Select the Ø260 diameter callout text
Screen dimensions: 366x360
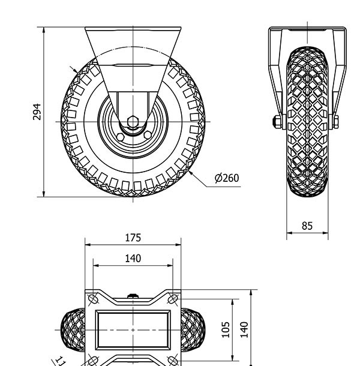coord(226,178)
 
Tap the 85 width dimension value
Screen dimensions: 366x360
coord(307,226)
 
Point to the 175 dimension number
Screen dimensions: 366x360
coord(133,238)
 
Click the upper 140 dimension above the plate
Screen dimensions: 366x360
coord(133,259)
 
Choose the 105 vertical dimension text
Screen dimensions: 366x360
coord(226,329)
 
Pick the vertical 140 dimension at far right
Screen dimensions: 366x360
coord(244,329)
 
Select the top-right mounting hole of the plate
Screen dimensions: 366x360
coord(173,299)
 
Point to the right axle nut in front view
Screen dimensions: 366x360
coord(335,122)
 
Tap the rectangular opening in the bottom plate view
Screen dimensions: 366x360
coord(133,330)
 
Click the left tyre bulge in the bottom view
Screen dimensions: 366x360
coord(73,330)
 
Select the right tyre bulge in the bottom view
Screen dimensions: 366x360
coord(193,330)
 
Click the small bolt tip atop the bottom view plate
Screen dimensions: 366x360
coord(133,295)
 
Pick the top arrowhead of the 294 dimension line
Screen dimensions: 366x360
coord(45,29)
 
